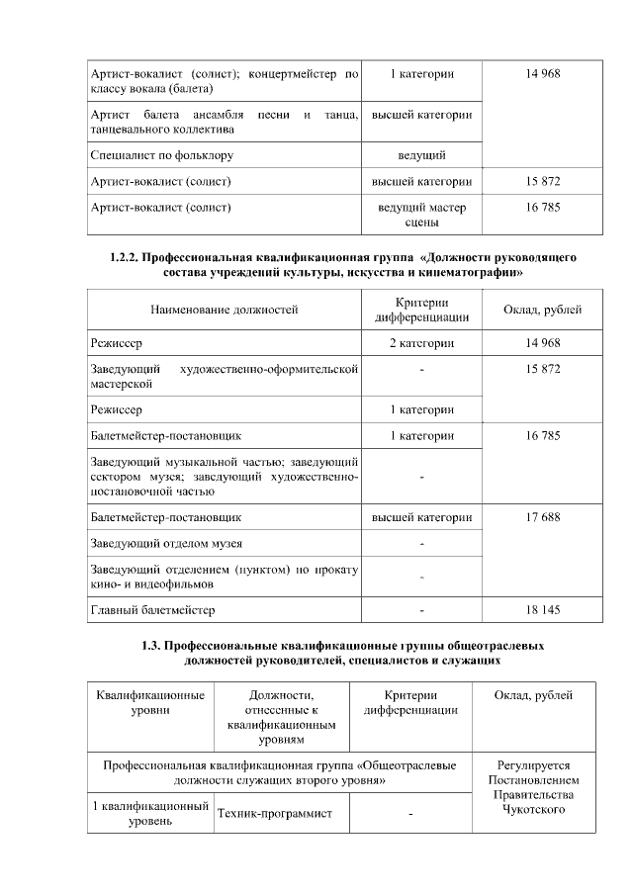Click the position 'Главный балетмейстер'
[x=152, y=609]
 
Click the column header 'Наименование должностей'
[x=224, y=310]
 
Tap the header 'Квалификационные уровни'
[x=149, y=702]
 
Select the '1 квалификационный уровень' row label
[x=149, y=813]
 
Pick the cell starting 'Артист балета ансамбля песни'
[x=224, y=121]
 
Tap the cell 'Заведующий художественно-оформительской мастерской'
[x=224, y=375]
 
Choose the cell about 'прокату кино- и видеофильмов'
[x=224, y=576]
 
